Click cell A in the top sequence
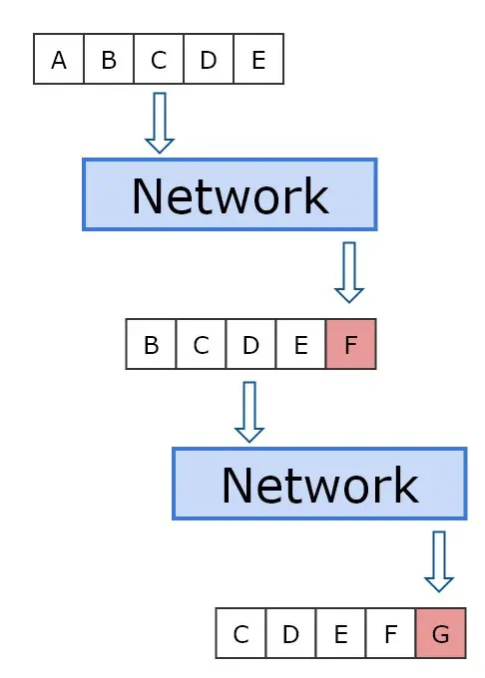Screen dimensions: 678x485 [59, 60]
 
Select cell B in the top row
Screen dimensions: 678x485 [109, 60]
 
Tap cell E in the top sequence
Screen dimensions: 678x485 [258, 60]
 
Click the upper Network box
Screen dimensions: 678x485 [230, 194]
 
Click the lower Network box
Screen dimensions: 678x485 [319, 484]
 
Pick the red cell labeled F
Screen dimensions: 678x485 [350, 344]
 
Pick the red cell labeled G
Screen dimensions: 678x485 [440, 633]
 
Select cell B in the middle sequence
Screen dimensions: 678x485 [152, 344]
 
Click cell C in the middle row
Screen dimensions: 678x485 [202, 344]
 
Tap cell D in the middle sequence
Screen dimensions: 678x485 [251, 344]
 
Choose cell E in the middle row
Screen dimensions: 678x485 [300, 344]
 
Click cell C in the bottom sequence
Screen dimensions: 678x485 [242, 633]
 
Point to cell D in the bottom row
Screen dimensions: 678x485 [291, 633]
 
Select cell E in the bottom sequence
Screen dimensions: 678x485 [341, 633]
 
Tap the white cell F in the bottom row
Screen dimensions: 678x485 [391, 633]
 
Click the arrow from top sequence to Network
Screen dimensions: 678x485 [160, 123]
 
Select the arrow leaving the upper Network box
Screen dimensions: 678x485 [349, 272]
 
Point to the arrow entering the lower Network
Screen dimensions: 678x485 [249, 412]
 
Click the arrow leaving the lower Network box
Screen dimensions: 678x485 [439, 561]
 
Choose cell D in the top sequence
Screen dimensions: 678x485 [209, 60]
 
